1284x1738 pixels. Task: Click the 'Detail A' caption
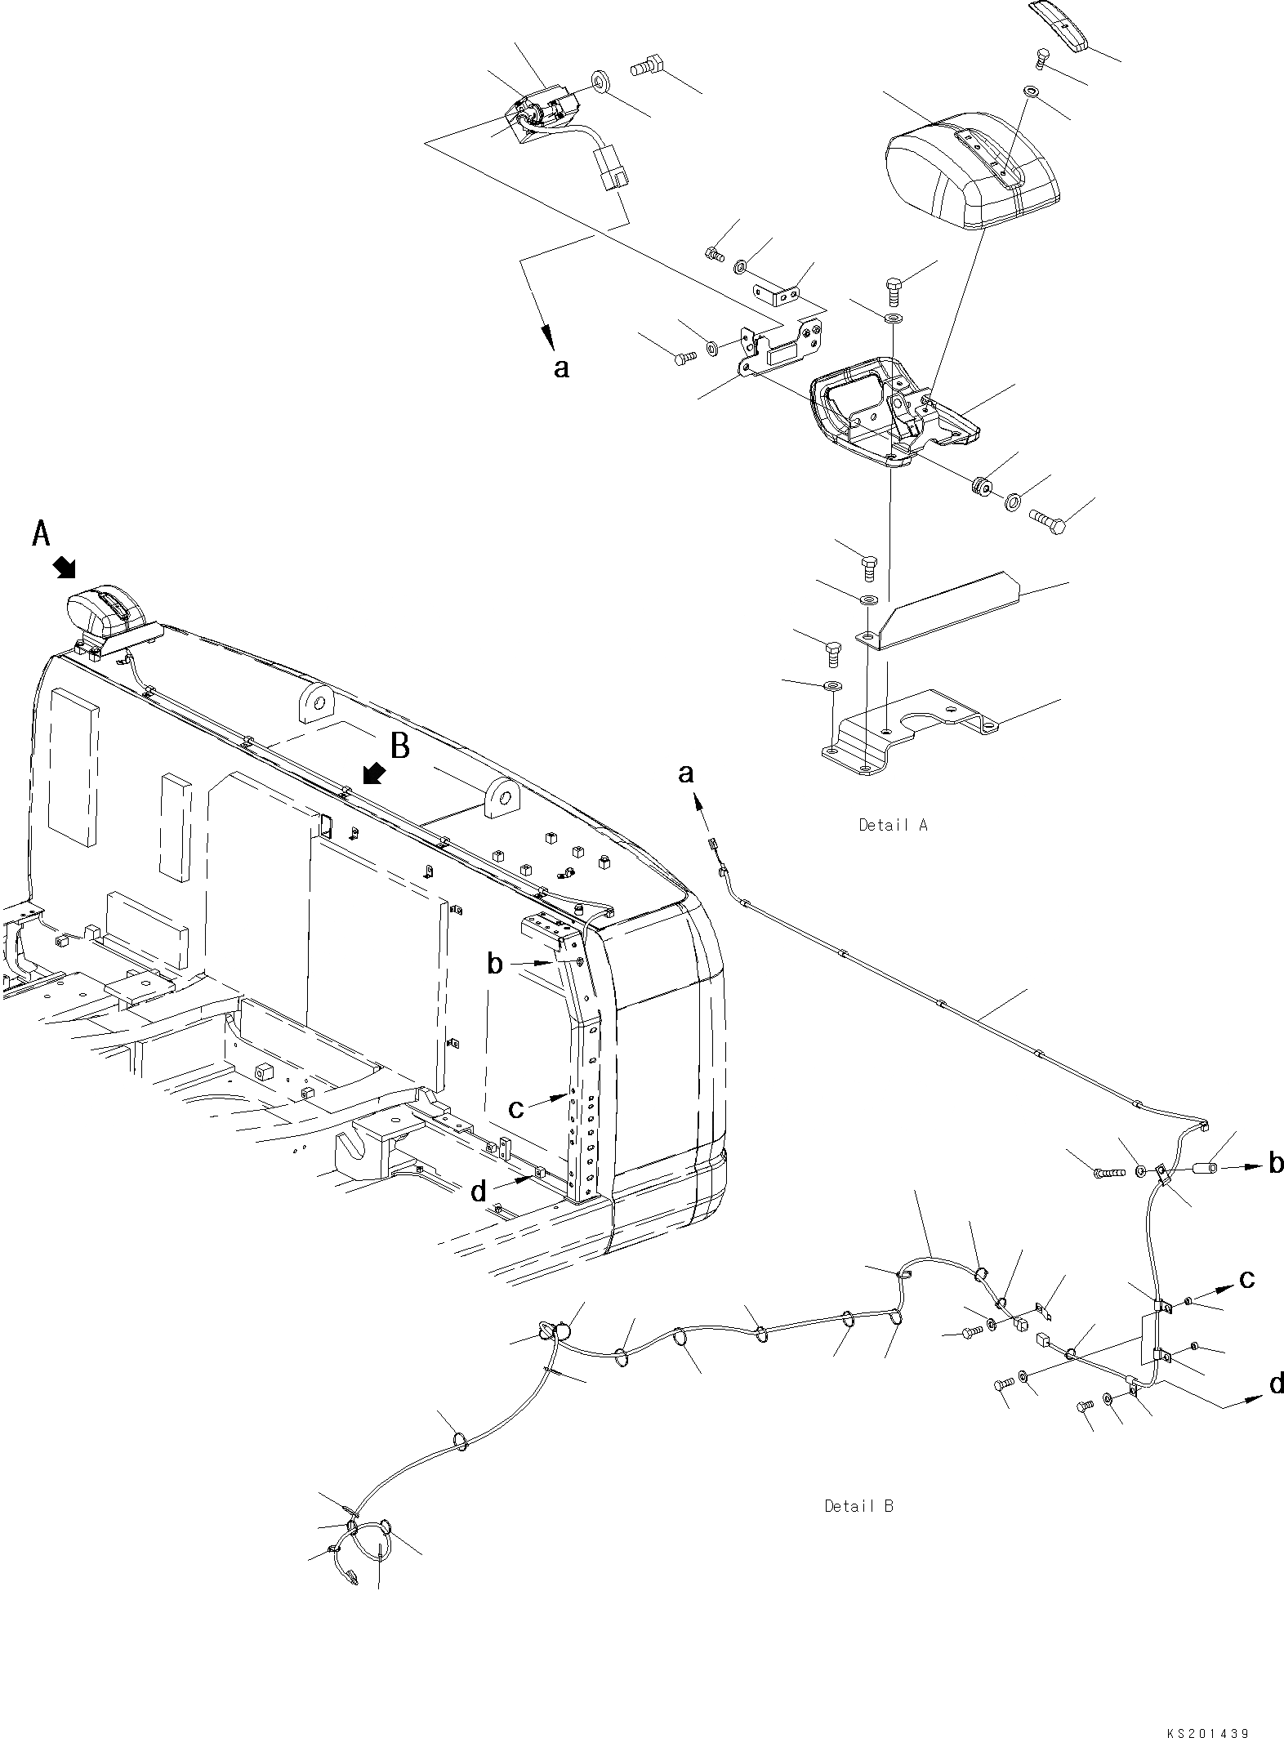(x=893, y=825)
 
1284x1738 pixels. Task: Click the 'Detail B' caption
(x=858, y=1505)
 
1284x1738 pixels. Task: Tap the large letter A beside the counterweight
(x=41, y=535)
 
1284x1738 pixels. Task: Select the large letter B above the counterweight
(x=399, y=746)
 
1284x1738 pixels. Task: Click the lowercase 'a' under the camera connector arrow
(x=560, y=368)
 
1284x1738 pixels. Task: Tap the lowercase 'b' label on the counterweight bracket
(x=494, y=965)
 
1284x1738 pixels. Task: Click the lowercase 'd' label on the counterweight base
(x=479, y=1192)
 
